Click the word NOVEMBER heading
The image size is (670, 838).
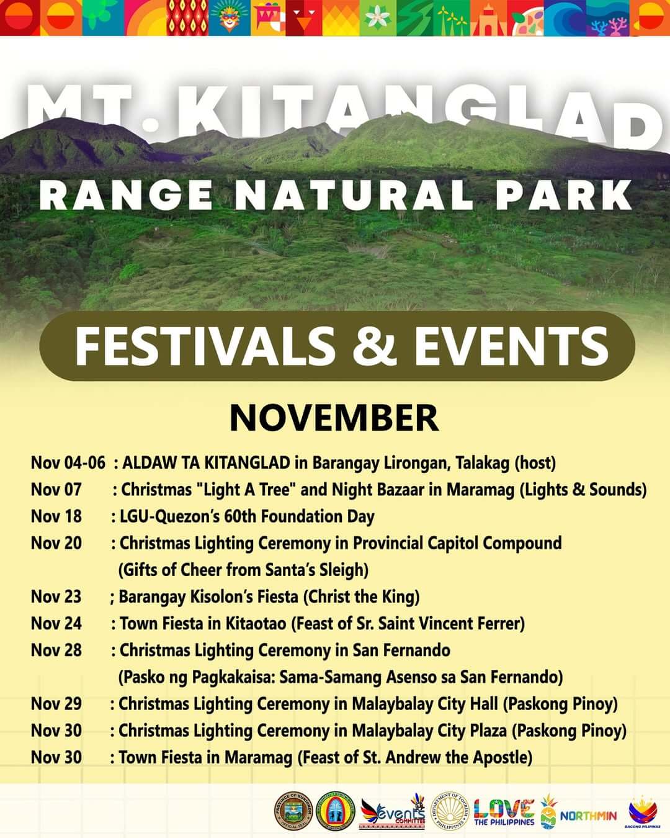334,418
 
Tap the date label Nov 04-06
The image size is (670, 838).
68,463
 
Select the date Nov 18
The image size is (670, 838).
56,516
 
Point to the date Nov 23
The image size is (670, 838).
56,597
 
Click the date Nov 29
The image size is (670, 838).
56,704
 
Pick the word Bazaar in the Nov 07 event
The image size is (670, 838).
393,490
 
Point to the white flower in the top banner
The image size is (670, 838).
375,17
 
